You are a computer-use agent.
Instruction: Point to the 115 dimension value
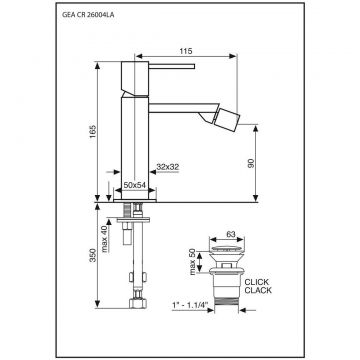[186, 51]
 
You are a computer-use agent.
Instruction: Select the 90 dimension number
[251, 163]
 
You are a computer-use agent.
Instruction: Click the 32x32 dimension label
[168, 167]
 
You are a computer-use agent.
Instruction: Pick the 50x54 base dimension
[135, 186]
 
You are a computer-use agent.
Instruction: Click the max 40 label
[105, 239]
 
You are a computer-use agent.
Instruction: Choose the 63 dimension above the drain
[230, 234]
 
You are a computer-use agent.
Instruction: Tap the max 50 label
[193, 262]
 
